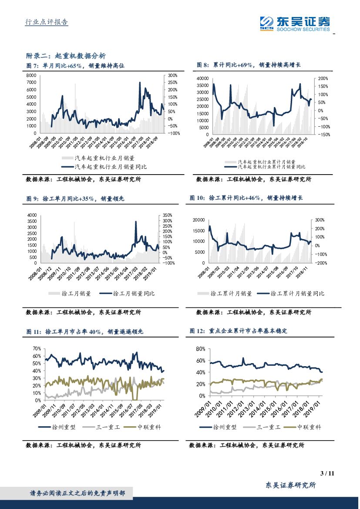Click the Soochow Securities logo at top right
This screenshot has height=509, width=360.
pos(294,23)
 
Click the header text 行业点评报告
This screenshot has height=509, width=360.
pos(45,23)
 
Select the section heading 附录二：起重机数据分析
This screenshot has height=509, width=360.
pos(66,56)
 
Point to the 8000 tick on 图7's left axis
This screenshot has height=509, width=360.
pos(31,75)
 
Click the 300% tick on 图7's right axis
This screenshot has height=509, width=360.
pos(172,75)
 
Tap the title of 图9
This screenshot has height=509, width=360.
pos(75,199)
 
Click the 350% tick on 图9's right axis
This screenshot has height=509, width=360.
pos(168,215)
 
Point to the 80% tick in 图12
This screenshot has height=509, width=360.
pos(200,349)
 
